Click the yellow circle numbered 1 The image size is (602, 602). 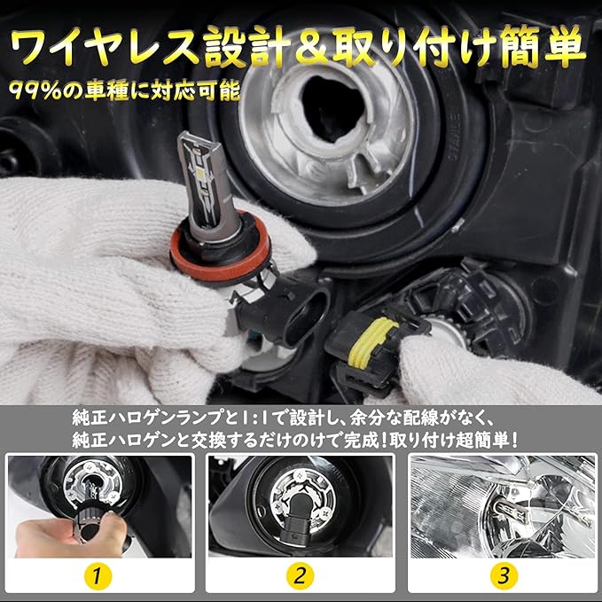point(97,576)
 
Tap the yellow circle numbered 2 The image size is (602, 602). point(300,576)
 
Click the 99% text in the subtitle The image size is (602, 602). point(35,91)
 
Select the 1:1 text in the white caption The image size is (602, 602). point(252,418)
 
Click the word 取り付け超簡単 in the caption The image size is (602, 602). point(453,440)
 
